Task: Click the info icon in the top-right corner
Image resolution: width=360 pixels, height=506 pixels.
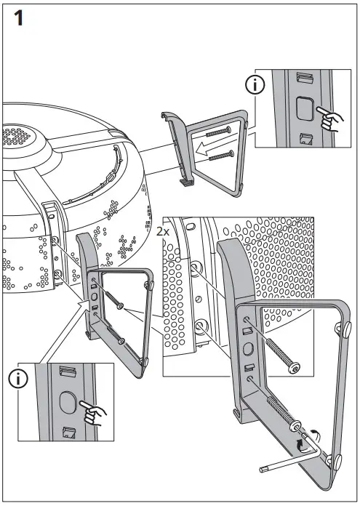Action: [x=255, y=85]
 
